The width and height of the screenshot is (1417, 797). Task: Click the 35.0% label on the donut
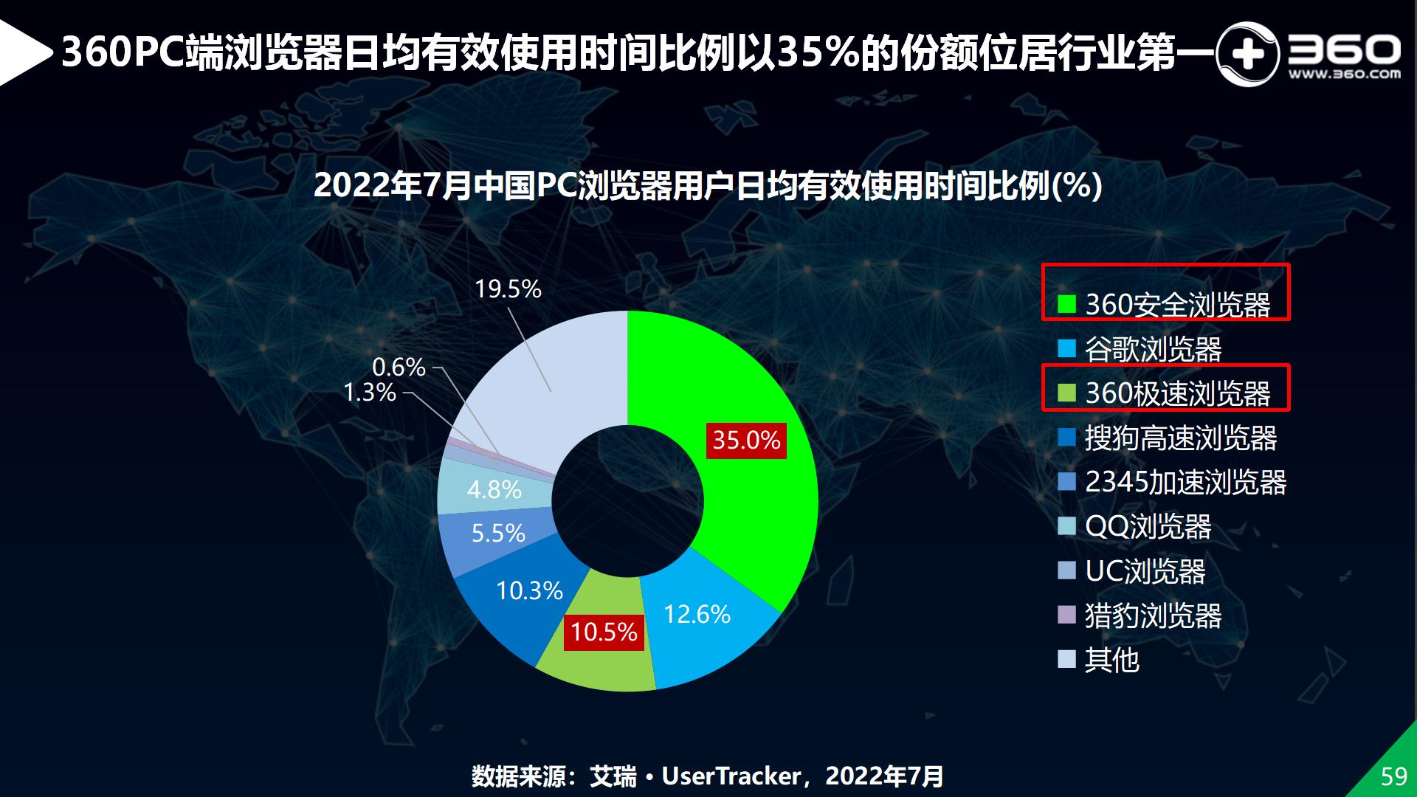[746, 441]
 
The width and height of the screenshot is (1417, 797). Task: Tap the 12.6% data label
[697, 614]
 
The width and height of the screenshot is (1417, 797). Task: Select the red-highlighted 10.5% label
[604, 632]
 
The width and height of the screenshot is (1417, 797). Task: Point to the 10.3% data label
[529, 590]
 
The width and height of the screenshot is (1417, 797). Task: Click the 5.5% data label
[498, 533]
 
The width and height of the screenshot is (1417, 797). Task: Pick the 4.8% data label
[494, 489]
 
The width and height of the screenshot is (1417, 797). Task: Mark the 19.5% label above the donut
[508, 289]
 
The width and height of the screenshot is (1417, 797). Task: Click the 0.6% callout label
[399, 367]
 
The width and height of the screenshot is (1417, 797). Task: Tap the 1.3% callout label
[370, 393]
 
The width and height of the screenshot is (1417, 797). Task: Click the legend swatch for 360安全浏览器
[1066, 304]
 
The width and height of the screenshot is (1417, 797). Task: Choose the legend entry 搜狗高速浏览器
[1180, 438]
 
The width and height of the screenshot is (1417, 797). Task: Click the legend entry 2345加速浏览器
[1185, 483]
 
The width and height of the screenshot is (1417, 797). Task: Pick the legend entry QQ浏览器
[1148, 527]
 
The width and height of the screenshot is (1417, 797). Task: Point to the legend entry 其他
[1111, 660]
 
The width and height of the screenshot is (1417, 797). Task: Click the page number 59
[1394, 776]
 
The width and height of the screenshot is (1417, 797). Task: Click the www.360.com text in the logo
[1344, 74]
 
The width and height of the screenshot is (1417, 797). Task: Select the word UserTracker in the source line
[731, 776]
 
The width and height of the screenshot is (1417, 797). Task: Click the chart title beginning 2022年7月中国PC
[708, 186]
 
